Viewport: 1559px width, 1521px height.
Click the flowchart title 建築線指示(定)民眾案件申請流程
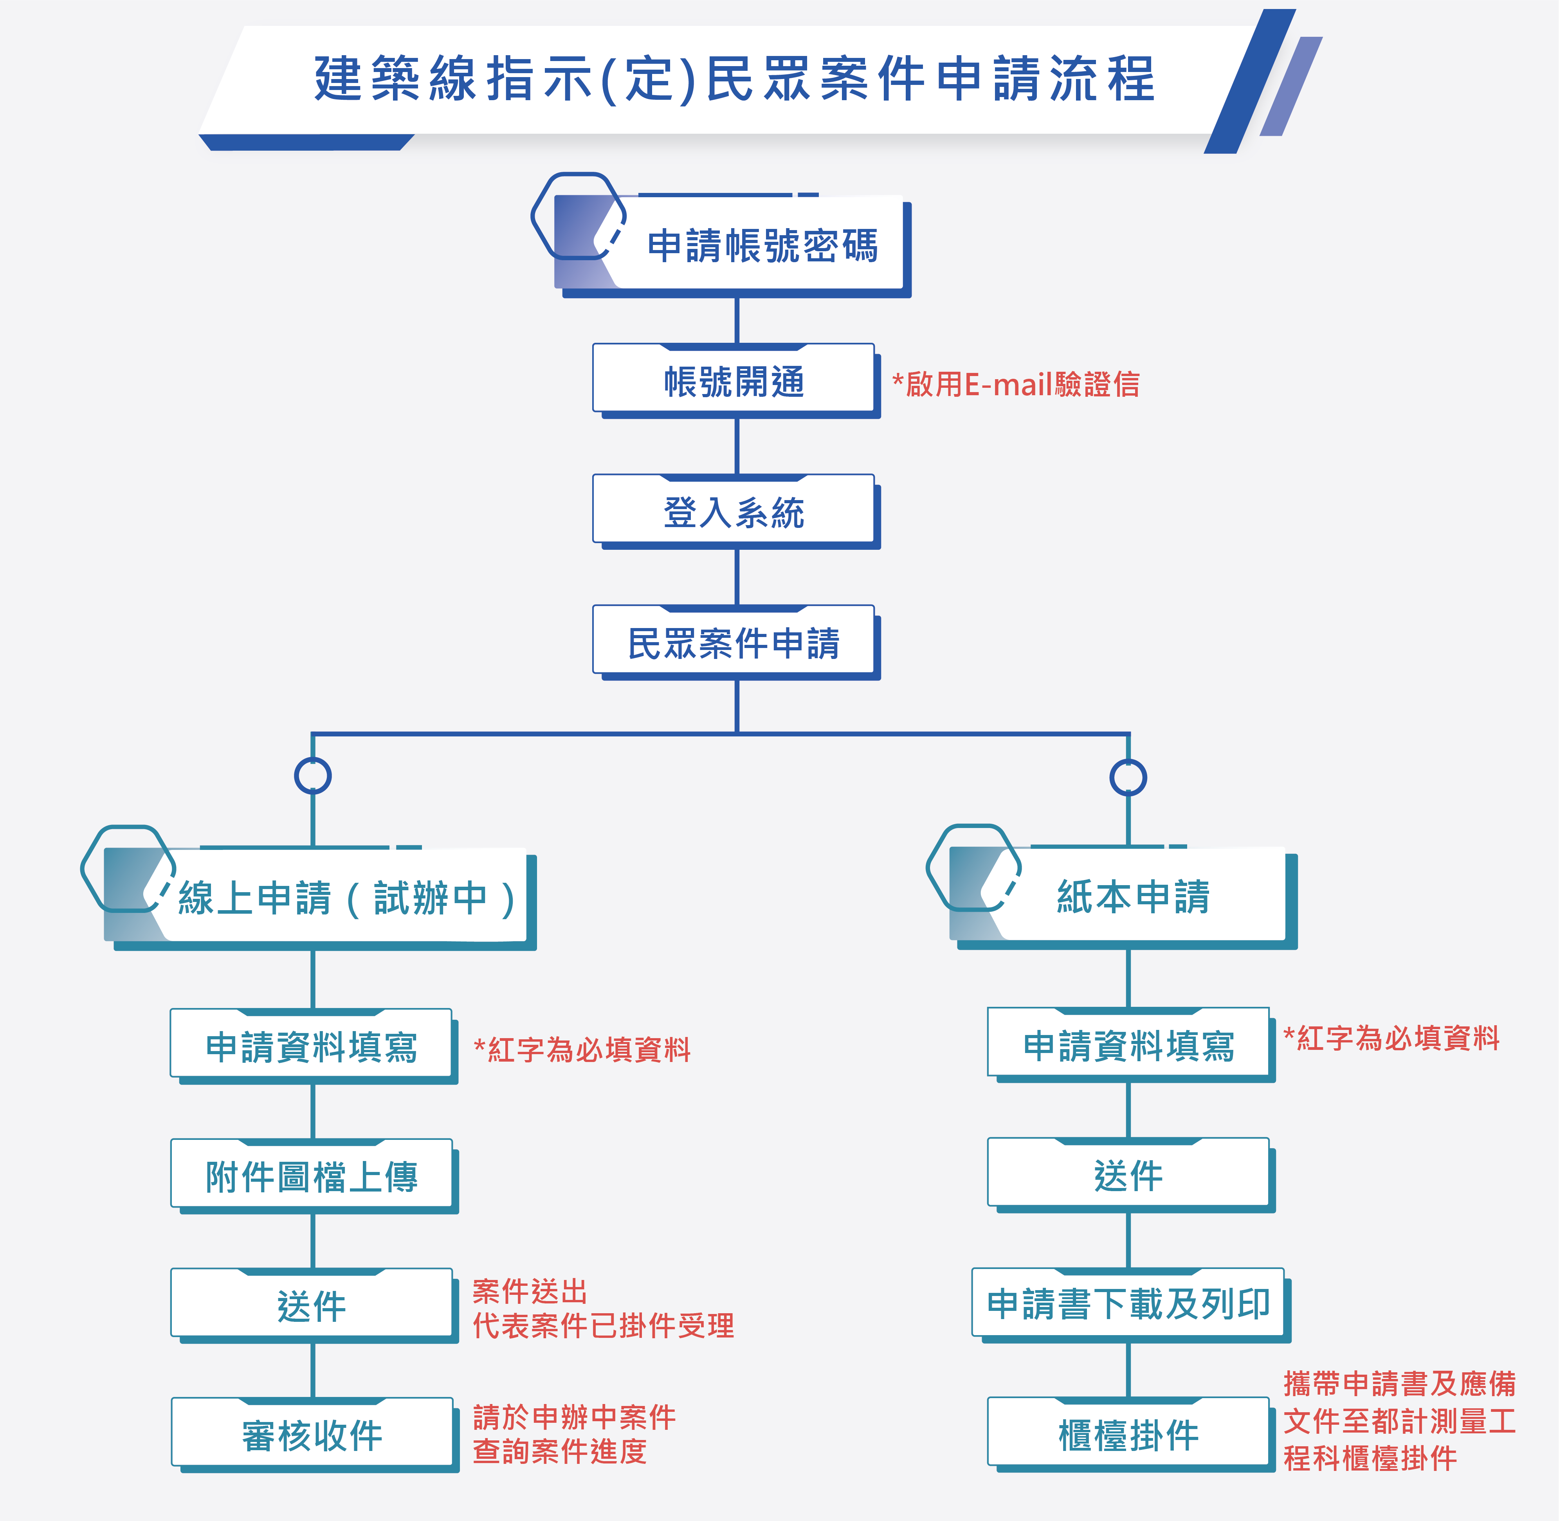(734, 79)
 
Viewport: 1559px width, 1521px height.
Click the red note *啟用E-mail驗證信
(1016, 384)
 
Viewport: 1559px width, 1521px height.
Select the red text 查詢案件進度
(559, 1451)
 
